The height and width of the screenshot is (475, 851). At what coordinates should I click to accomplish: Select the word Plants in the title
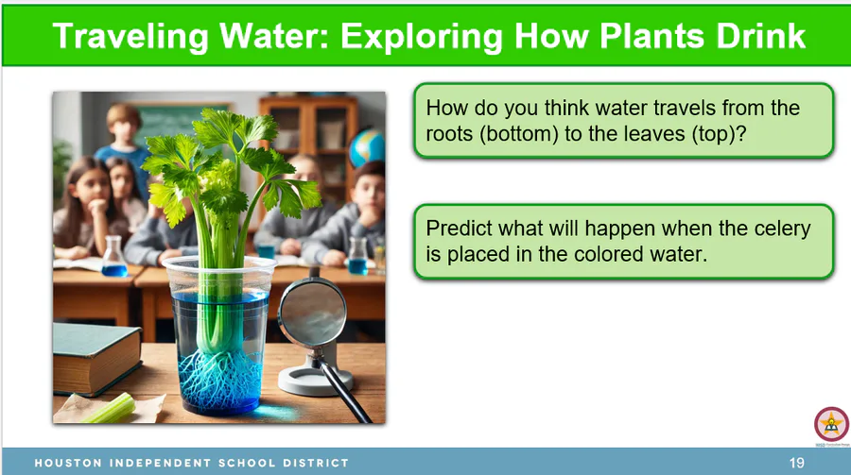(652, 36)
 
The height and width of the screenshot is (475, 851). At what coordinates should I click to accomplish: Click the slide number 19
(797, 463)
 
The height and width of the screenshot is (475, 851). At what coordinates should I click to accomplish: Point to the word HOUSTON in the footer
(68, 463)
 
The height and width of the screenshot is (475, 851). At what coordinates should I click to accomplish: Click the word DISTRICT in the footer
(316, 463)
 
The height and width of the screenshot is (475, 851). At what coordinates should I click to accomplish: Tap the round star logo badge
(831, 424)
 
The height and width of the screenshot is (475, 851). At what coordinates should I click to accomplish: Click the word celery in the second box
(782, 229)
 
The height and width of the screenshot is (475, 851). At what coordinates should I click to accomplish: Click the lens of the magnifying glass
(313, 315)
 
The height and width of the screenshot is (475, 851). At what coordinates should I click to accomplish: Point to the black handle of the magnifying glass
(346, 392)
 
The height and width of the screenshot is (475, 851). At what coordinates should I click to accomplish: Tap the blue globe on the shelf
(368, 147)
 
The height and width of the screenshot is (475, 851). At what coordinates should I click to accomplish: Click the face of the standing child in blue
(123, 128)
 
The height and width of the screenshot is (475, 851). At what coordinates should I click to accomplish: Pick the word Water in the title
(274, 36)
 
